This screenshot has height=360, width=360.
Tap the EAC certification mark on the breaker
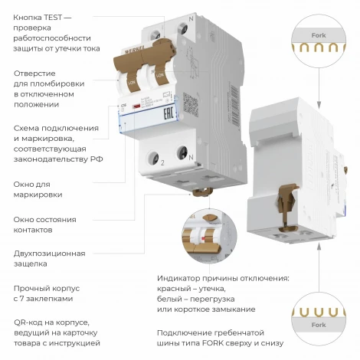186,116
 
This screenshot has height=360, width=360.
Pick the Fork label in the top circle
318,35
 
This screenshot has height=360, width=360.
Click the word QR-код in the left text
30,322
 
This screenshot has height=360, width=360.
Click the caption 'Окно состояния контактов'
44,224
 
